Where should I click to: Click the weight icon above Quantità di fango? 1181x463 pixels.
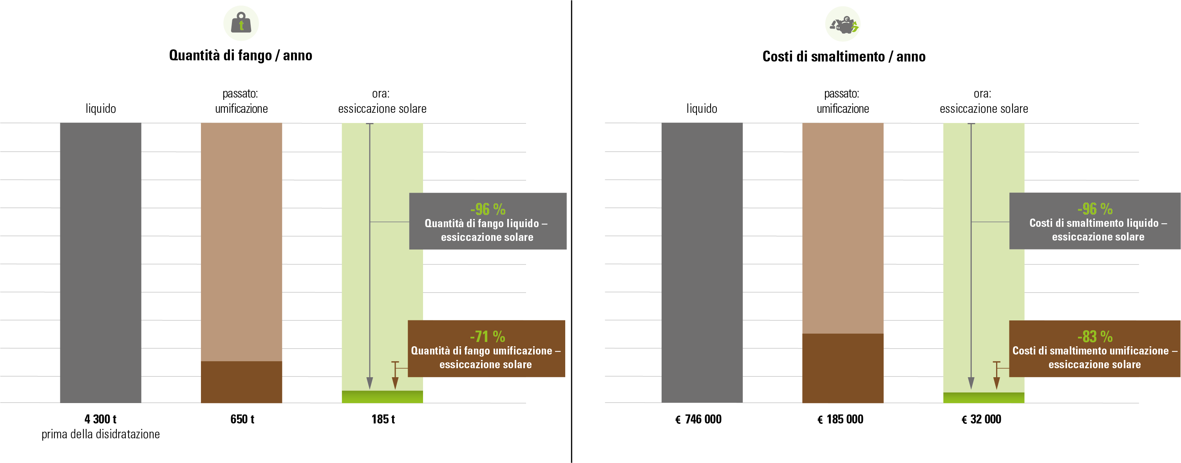[241, 23]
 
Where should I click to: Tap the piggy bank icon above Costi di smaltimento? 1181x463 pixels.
[843, 24]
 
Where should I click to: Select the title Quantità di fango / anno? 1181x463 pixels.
[241, 56]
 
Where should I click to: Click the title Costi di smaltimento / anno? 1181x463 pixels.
[844, 56]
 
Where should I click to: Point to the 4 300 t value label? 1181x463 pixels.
[100, 419]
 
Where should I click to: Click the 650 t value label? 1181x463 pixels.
[242, 419]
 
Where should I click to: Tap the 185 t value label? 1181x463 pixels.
[383, 419]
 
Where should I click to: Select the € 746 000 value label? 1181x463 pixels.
[698, 419]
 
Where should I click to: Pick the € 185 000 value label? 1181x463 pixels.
[840, 419]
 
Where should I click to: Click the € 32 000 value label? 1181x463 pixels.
[981, 419]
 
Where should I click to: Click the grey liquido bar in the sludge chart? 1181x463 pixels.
[100, 263]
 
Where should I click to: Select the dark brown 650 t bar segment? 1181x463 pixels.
[241, 382]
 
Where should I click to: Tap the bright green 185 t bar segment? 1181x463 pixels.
[382, 396]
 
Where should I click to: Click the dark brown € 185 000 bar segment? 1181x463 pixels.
[843, 368]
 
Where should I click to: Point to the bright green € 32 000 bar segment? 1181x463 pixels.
[984, 398]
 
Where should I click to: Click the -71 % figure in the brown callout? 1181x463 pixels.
[487, 336]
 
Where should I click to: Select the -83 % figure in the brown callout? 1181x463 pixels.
[1095, 336]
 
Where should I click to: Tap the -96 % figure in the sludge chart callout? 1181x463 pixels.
[488, 209]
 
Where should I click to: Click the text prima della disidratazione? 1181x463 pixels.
[100, 434]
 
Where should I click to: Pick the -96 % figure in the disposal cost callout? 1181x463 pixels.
[1095, 208]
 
